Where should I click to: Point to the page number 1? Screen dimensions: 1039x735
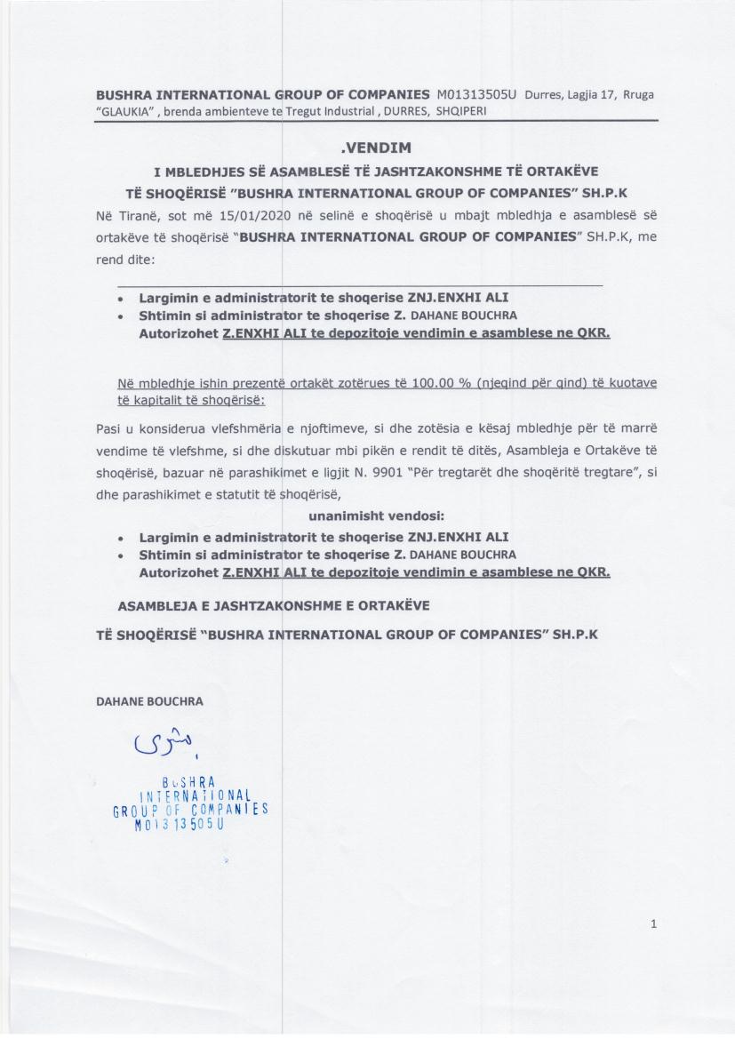click(x=653, y=924)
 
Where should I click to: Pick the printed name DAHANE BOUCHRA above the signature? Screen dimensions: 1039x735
click(x=148, y=700)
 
